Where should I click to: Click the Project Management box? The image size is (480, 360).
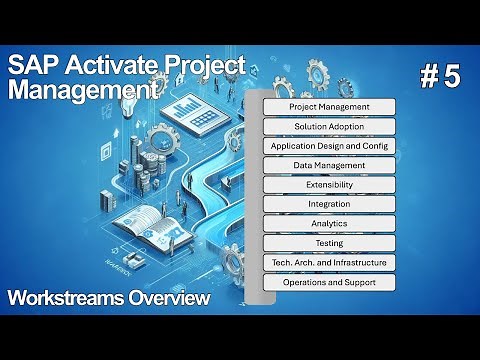pos(329,107)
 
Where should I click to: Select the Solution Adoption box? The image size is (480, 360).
pos(329,127)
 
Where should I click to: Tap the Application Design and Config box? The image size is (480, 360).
pos(329,146)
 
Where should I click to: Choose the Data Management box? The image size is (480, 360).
pos(329,165)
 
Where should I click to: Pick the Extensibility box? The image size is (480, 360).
pos(329,185)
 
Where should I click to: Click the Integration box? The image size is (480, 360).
pos(329,204)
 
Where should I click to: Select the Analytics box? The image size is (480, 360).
pos(329,224)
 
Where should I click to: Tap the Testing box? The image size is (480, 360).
pos(329,243)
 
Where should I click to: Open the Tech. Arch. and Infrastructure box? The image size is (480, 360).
pos(329,263)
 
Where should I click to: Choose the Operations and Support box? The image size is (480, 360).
pos(329,282)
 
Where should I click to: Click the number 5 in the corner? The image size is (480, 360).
pos(450,80)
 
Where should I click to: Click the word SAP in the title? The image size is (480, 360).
pos(31,67)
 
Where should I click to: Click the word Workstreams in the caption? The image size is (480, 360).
pos(63,298)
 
